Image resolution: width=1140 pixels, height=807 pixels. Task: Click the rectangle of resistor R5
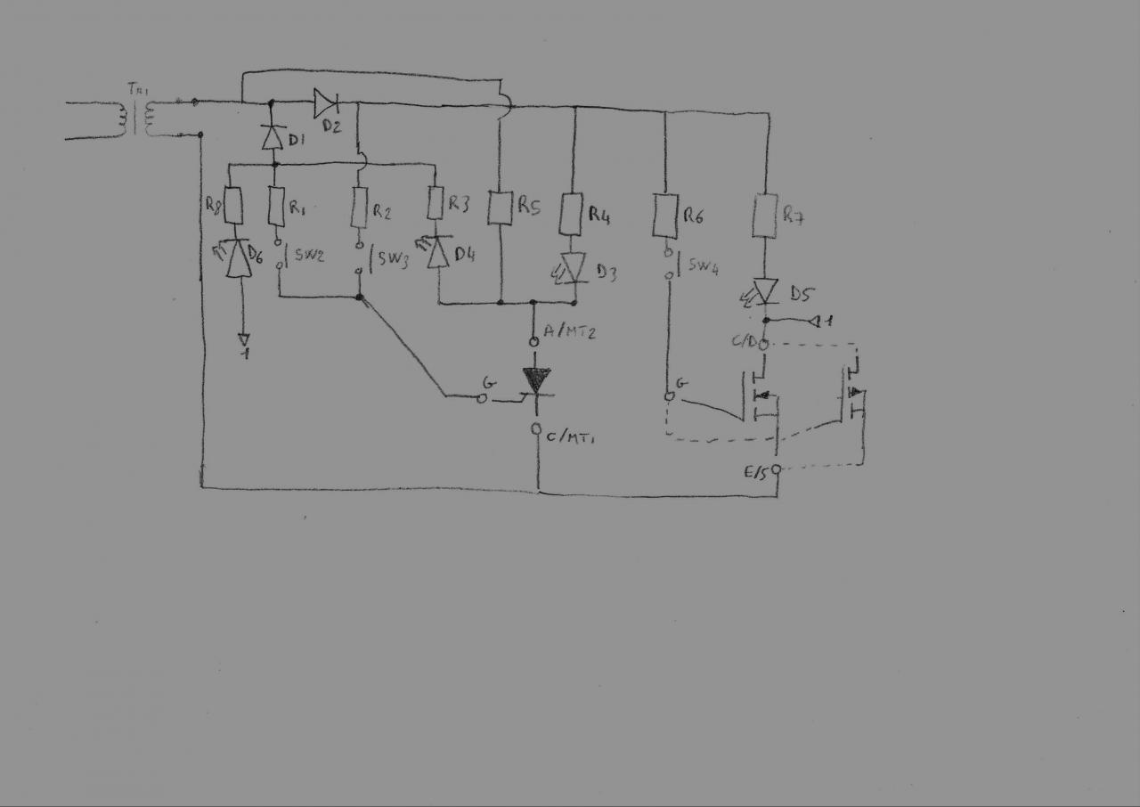point(501,207)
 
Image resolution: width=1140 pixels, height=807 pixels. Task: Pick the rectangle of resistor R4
point(573,215)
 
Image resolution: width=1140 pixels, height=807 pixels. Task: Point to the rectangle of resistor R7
point(765,216)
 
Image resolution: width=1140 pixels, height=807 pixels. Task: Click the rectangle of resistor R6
point(666,215)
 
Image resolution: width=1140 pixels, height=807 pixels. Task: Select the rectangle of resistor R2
point(360,208)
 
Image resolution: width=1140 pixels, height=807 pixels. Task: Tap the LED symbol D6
point(237,258)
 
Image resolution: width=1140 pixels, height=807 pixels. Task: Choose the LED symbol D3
point(574,267)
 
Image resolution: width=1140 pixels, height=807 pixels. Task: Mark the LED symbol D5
point(764,290)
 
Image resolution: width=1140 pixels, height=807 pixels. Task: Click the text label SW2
point(309,256)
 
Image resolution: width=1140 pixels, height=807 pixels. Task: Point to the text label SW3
point(393,260)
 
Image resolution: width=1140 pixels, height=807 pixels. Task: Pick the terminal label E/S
point(756,473)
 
